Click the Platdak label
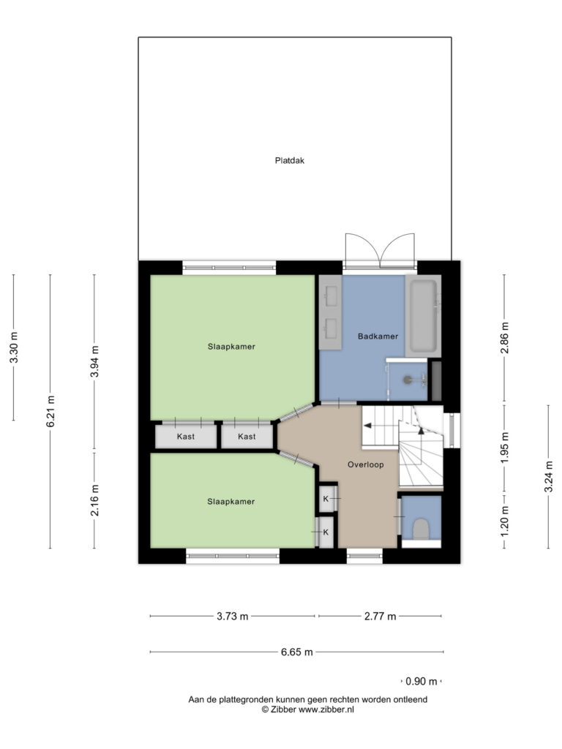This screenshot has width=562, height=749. click(290, 160)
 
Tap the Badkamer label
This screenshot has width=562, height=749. click(378, 336)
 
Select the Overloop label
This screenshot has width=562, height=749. click(366, 464)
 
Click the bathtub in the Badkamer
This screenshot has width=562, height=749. click(424, 316)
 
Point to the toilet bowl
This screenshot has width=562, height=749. click(421, 529)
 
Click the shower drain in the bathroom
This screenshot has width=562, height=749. click(408, 380)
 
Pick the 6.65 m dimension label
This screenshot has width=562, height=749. click(297, 652)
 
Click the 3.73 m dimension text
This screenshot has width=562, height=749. click(232, 616)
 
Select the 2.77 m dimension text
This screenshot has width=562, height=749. click(380, 616)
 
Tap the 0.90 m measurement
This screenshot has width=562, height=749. click(421, 681)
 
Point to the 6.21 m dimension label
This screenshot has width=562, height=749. click(51, 412)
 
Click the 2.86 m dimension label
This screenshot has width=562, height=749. click(505, 338)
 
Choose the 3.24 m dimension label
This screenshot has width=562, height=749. click(549, 477)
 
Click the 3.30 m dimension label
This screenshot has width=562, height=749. click(15, 347)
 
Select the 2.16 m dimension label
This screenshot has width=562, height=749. click(95, 500)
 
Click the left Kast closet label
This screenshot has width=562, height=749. click(185, 436)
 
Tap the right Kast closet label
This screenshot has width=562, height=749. click(247, 436)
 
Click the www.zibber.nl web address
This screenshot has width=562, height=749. click(326, 710)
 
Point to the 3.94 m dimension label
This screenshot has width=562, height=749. click(95, 361)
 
